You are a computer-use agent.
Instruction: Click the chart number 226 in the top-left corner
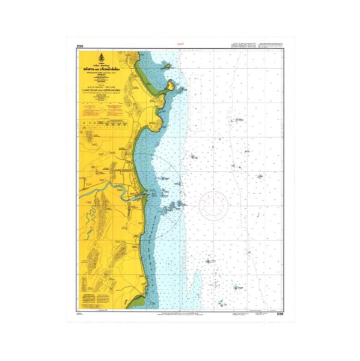(79, 46)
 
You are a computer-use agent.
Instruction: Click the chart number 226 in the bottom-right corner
(279, 313)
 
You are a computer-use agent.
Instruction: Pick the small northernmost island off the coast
(168, 66)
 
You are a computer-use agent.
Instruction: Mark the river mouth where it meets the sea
(144, 194)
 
